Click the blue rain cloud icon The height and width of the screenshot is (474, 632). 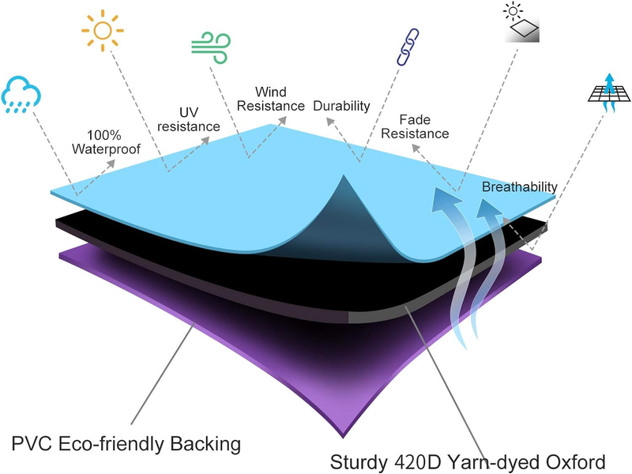point(21,94)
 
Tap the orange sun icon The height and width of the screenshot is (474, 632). point(103,31)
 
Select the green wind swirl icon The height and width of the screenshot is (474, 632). point(211,47)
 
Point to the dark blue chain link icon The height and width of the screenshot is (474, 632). point(408,47)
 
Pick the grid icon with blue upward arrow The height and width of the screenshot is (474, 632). point(609,93)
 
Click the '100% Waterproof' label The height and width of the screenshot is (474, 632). point(106,142)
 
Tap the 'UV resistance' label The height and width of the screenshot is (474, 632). point(189,119)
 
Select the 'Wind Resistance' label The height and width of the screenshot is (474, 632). point(271,99)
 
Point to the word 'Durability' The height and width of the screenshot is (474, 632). point(341,106)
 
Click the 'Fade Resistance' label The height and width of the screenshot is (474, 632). point(416,126)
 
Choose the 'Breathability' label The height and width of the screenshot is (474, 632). point(520,186)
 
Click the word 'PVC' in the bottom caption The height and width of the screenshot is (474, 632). point(32,444)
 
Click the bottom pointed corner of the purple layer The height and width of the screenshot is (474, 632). point(343,437)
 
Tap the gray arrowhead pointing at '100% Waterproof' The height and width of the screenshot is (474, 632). point(111,164)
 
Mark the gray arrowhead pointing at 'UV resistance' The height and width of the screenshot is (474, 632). point(205,141)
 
